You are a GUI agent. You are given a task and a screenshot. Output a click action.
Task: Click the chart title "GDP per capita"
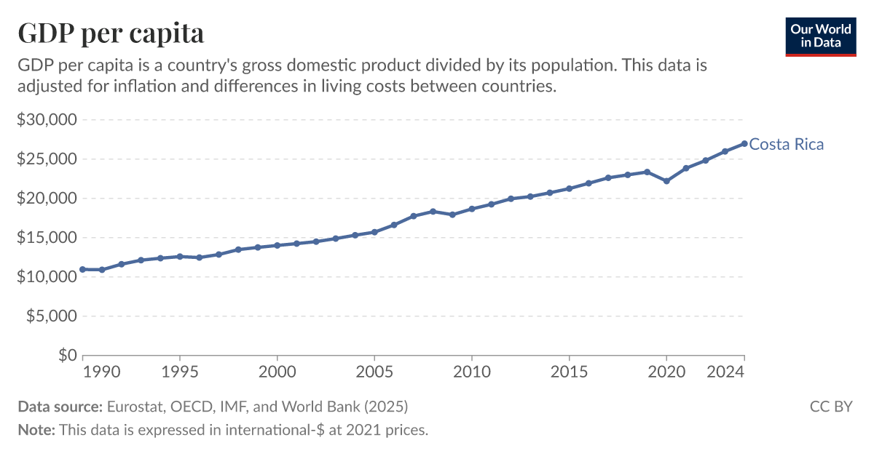(x=111, y=33)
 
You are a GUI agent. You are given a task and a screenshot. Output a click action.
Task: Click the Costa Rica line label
(x=787, y=144)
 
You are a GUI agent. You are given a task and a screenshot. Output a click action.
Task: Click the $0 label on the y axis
(x=68, y=356)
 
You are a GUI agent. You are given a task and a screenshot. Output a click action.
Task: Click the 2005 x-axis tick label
(x=374, y=372)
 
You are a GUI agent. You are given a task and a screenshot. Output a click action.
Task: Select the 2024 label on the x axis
(x=727, y=372)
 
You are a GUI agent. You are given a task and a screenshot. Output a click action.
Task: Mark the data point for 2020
(x=666, y=181)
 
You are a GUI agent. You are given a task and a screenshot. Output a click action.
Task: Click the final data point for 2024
(x=744, y=143)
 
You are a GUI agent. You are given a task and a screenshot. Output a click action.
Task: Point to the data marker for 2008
(x=433, y=212)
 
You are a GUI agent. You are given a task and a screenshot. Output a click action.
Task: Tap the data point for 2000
(x=277, y=245)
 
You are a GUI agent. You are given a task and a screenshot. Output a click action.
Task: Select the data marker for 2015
(x=569, y=188)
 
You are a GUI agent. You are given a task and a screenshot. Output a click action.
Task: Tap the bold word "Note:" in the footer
(x=36, y=430)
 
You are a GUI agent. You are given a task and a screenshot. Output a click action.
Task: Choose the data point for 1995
(x=180, y=256)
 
